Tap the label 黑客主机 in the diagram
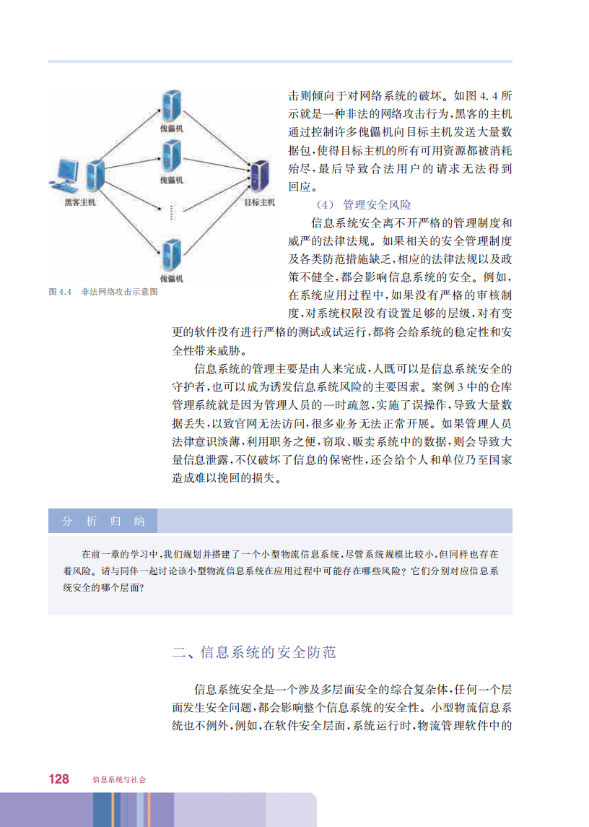click(x=80, y=202)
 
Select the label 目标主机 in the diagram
click(x=259, y=202)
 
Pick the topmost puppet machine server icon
click(x=170, y=104)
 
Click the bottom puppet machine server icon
click(x=170, y=254)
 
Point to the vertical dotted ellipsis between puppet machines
click(x=171, y=212)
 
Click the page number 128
click(x=58, y=779)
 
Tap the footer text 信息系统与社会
click(x=119, y=779)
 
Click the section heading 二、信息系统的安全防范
click(x=255, y=653)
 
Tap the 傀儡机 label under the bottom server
click(x=171, y=278)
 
